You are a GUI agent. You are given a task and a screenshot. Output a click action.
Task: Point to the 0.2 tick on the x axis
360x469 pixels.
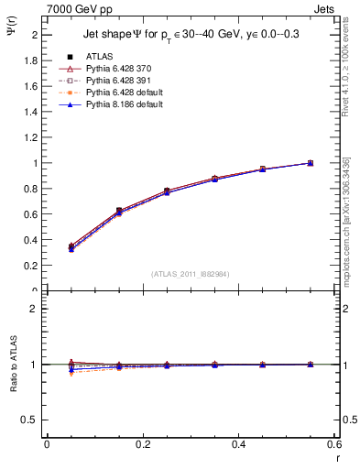pos(142,444)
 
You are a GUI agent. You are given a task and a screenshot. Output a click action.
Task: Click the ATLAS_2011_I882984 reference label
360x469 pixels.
pos(191,274)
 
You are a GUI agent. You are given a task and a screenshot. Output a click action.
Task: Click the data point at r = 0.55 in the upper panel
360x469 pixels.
pos(310,163)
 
